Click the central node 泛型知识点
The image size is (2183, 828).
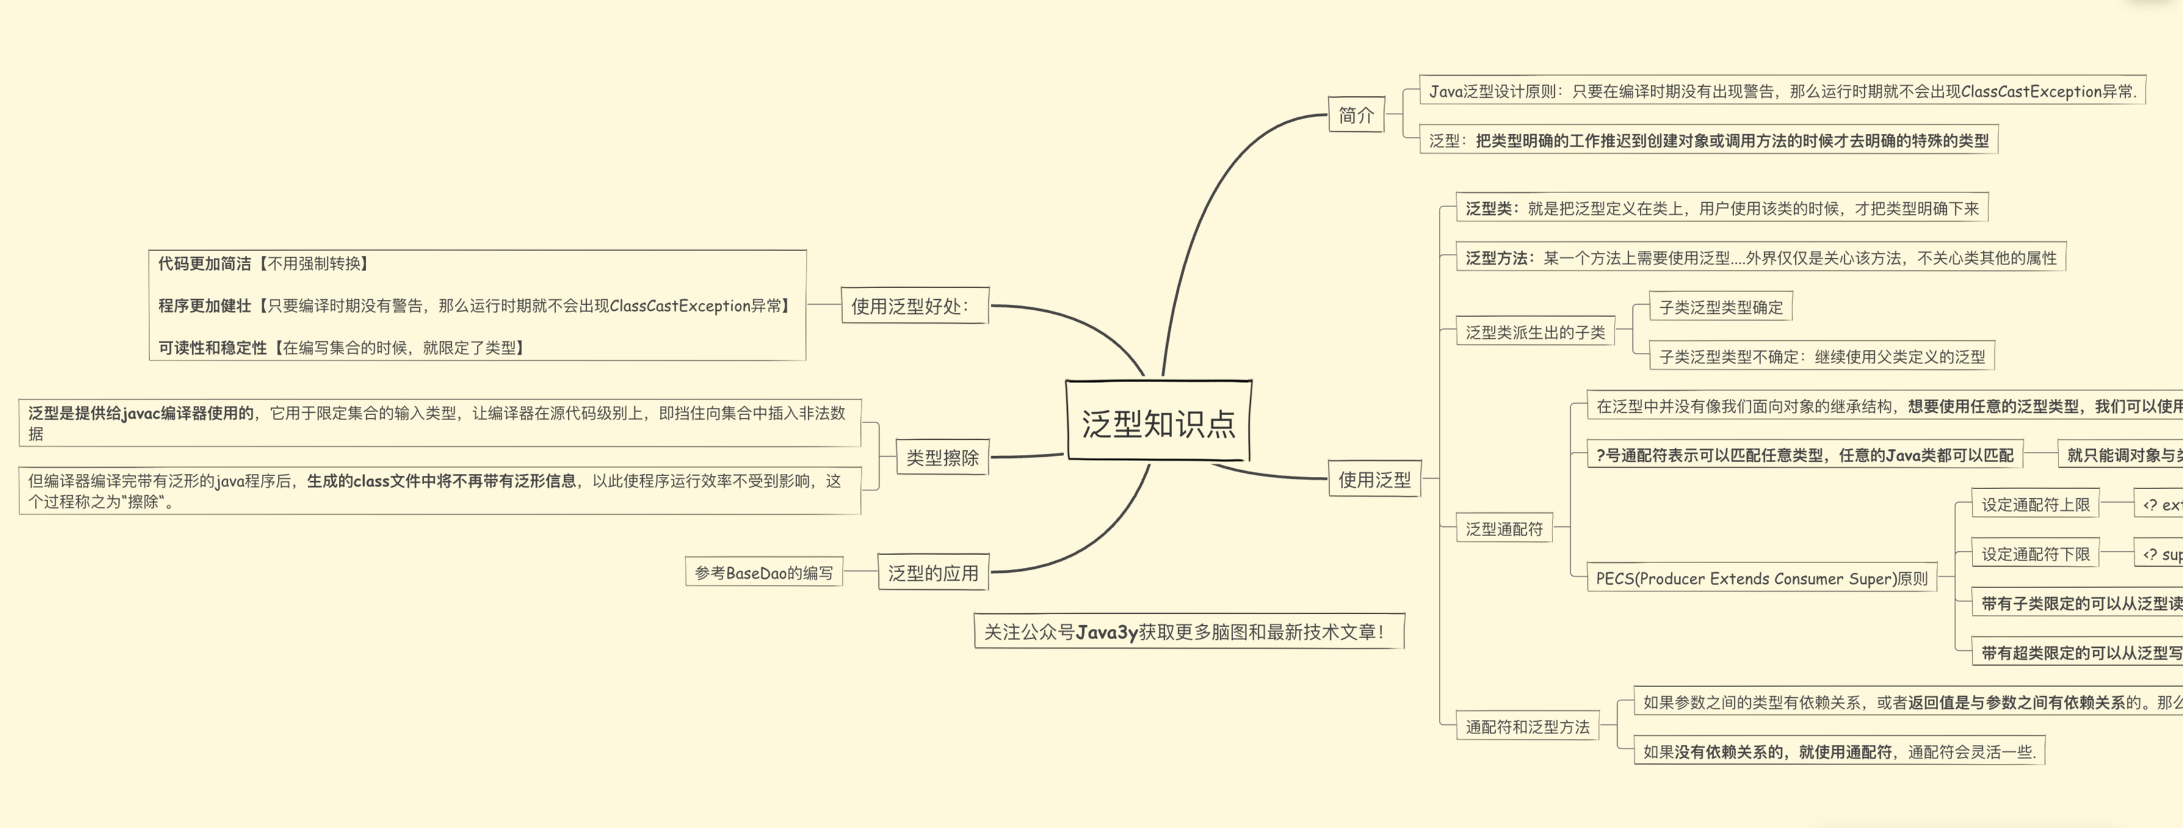[x=1157, y=421]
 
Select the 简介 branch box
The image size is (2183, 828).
[x=1355, y=114]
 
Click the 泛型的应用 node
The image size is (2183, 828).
[x=932, y=573]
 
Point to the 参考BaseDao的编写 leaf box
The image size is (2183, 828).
[x=764, y=573]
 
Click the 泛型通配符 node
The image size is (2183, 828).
[x=1504, y=529]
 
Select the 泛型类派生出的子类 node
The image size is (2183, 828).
[x=1535, y=332]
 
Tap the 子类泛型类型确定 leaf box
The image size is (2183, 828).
[x=1720, y=307]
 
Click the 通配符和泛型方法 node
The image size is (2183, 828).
[x=1527, y=726]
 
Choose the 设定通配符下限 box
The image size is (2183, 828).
[x=2035, y=553]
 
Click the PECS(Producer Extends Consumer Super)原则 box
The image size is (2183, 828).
[x=1761, y=578]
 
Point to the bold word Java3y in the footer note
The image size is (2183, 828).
[x=1106, y=632]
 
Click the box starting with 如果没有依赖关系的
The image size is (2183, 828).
[x=1838, y=752]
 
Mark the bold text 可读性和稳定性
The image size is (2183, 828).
[x=212, y=347]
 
